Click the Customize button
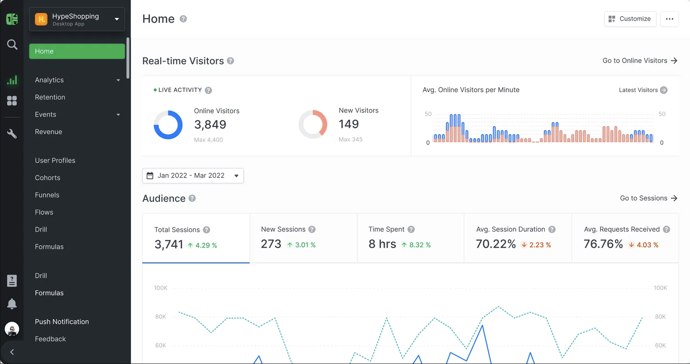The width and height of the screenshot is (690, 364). point(630,19)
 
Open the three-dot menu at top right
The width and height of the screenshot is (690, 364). point(669,19)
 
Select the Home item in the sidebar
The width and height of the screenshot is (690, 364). point(77,51)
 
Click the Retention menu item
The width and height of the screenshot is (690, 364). point(50,97)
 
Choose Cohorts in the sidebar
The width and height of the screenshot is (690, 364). point(47,178)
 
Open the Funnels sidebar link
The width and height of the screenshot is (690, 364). point(47,195)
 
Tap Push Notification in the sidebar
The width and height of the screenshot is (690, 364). point(62,322)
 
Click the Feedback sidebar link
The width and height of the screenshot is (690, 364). point(50,339)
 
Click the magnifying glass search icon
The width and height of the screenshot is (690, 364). point(12,44)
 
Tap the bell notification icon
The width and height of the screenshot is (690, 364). point(12,304)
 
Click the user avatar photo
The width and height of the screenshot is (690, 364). point(12,329)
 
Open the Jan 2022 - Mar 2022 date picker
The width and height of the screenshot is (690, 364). point(193,176)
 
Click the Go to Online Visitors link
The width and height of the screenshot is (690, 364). point(640,61)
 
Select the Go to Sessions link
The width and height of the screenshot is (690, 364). point(648,198)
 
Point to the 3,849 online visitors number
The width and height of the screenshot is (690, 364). point(210,125)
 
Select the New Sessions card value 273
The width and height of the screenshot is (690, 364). point(271,244)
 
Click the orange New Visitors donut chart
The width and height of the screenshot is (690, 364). point(313,124)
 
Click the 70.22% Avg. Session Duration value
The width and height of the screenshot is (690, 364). point(496,244)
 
